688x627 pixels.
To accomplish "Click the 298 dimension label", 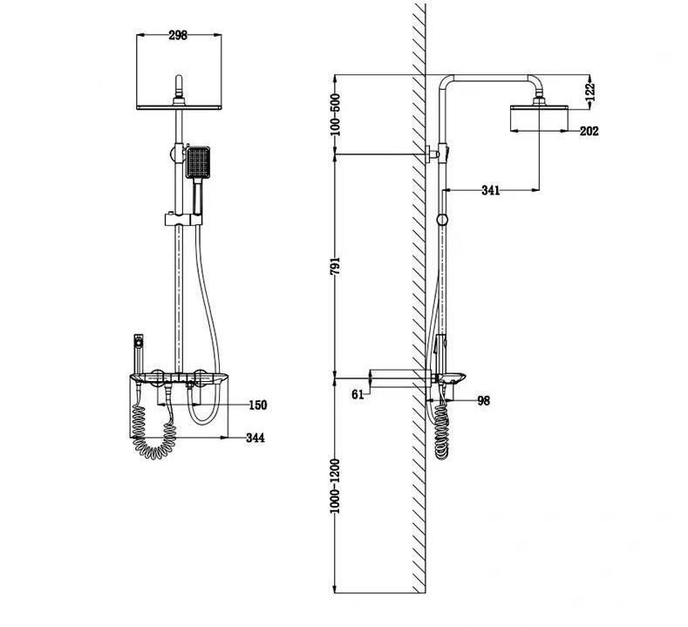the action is click(178, 35).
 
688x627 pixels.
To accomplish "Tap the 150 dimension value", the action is click(257, 405).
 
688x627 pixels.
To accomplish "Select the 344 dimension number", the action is click(255, 438).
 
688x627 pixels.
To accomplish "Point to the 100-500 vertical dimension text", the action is click(335, 114).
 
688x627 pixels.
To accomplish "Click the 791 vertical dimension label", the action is click(335, 266).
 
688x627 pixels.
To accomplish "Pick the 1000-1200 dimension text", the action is click(335, 486).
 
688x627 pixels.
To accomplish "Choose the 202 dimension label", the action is click(589, 131).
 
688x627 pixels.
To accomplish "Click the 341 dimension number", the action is click(491, 190).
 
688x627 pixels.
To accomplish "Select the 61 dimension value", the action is click(358, 394).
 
